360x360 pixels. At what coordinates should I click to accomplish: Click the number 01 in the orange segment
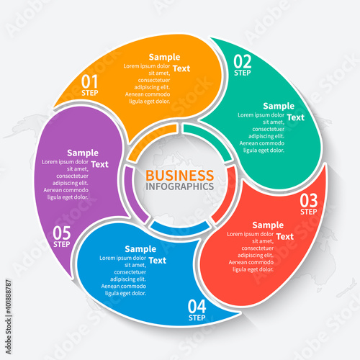pyautogui.click(x=89, y=81)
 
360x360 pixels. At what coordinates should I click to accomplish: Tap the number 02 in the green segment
pyautogui.click(x=243, y=61)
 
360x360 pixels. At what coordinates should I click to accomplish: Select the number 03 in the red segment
pyautogui.click(x=309, y=201)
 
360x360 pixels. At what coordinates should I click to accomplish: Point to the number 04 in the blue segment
pyautogui.click(x=197, y=306)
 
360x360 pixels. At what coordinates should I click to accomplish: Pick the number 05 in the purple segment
pyautogui.click(x=62, y=233)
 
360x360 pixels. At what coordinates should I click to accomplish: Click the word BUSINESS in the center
pyautogui.click(x=180, y=176)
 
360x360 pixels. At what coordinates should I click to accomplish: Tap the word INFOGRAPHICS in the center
pyautogui.click(x=180, y=186)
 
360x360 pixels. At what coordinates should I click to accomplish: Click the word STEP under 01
pyautogui.click(x=90, y=93)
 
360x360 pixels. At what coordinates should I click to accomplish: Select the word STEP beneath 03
pyautogui.click(x=309, y=212)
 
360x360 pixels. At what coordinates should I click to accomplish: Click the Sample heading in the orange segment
pyautogui.click(x=164, y=58)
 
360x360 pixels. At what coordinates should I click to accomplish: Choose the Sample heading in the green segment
pyautogui.click(x=279, y=107)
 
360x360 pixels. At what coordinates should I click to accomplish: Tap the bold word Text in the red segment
pyautogui.click(x=285, y=237)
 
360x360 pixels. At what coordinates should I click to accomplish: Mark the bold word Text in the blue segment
pyautogui.click(x=158, y=261)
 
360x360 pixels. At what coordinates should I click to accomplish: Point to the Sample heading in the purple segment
pyautogui.click(x=83, y=153)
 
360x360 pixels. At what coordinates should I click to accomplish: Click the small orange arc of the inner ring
pyautogui.click(x=151, y=140)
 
